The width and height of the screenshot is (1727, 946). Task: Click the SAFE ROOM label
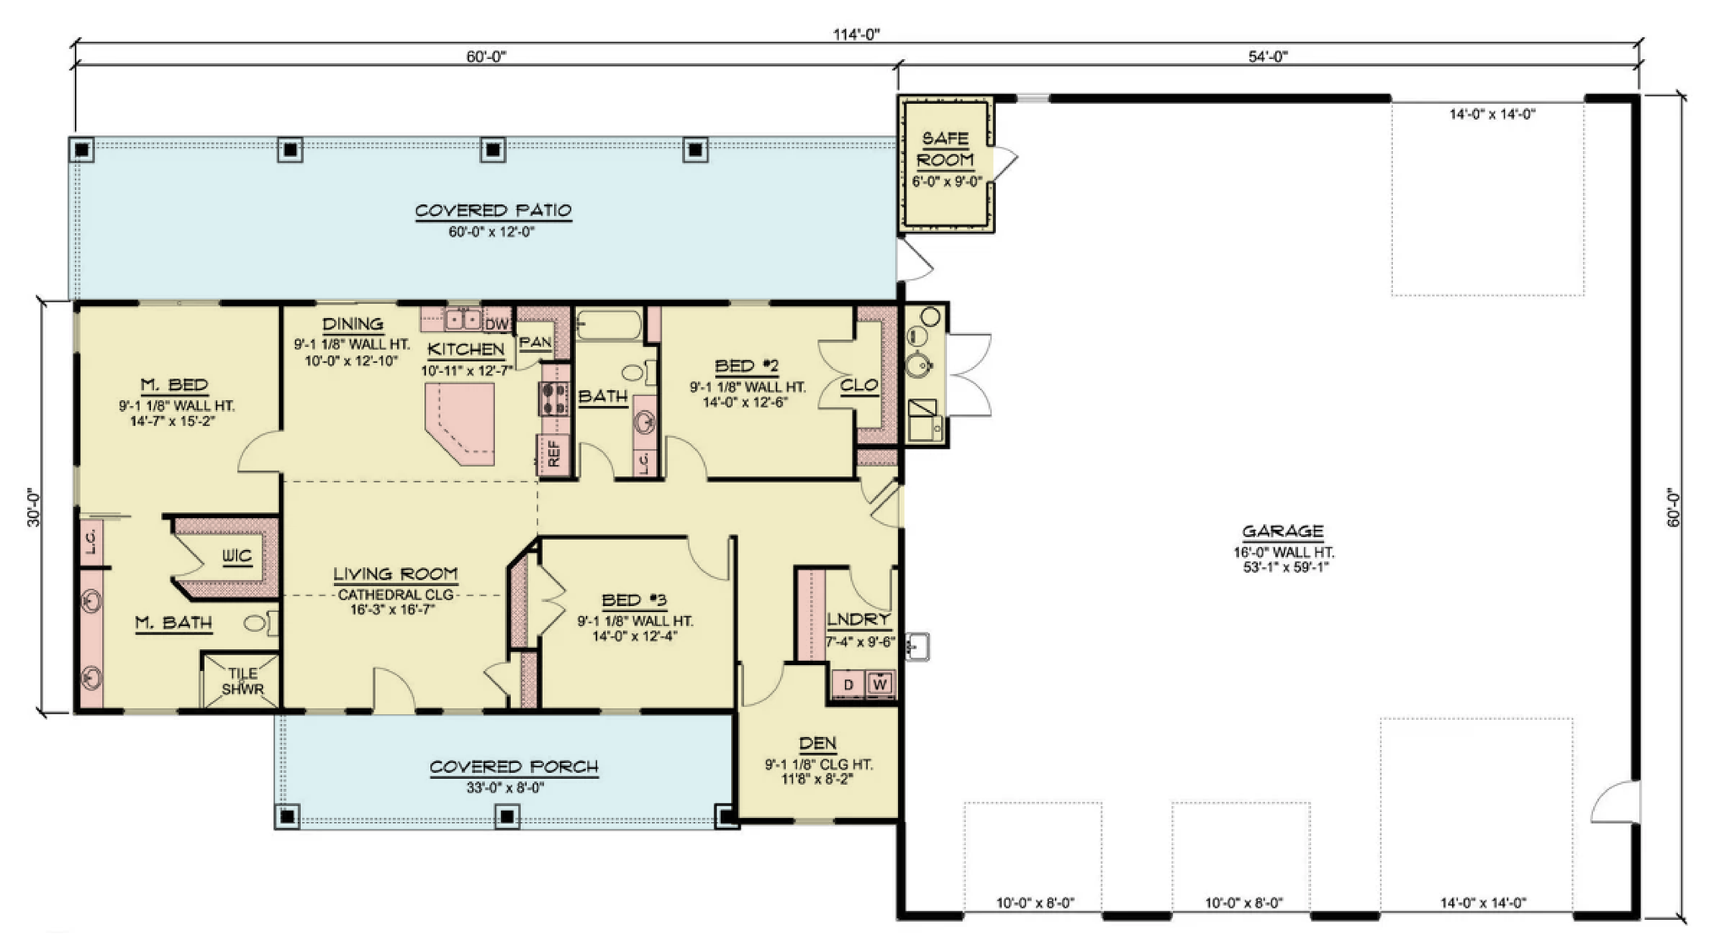click(x=945, y=149)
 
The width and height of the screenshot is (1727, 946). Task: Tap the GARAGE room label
click(x=1283, y=531)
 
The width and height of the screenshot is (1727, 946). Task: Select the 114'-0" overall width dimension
click(x=857, y=34)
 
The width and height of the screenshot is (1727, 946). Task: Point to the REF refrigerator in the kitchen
click(x=554, y=454)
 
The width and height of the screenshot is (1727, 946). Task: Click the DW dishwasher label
click(x=497, y=324)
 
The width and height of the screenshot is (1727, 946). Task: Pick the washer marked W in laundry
click(x=880, y=684)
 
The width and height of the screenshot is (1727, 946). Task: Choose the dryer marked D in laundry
click(x=848, y=684)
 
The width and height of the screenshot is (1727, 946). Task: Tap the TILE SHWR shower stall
click(x=243, y=680)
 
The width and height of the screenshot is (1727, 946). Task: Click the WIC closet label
click(x=237, y=556)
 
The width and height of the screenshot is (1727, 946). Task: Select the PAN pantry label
click(x=535, y=342)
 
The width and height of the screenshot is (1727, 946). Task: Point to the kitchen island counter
click(x=460, y=423)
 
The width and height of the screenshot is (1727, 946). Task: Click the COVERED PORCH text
click(x=514, y=767)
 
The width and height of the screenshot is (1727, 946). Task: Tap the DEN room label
click(x=817, y=743)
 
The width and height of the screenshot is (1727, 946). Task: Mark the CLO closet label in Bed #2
click(x=859, y=386)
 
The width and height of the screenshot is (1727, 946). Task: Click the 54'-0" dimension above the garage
click(x=1268, y=57)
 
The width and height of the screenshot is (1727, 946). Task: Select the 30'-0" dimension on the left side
click(x=34, y=506)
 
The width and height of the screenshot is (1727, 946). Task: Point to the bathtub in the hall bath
click(x=609, y=326)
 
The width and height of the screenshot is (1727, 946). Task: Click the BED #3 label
click(x=634, y=600)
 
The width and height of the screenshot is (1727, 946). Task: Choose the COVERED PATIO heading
click(x=493, y=210)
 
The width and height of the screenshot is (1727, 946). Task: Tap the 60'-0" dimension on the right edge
click(x=1675, y=506)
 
